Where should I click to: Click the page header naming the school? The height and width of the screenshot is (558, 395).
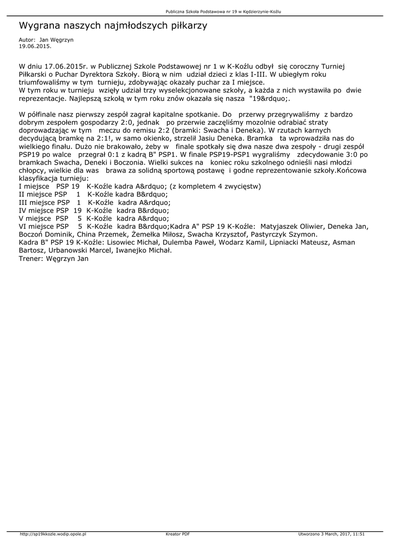(227, 11)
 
